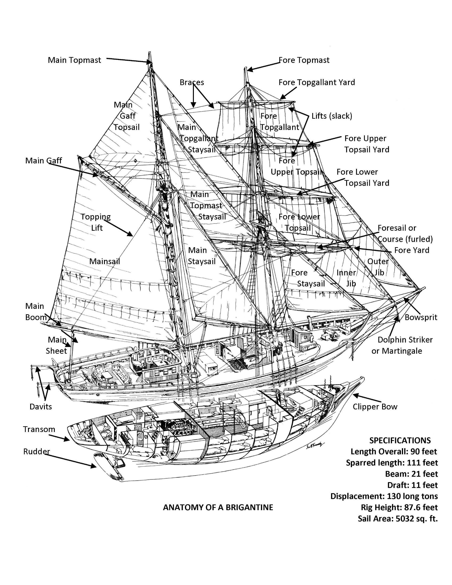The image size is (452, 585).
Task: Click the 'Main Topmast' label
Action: pyautogui.click(x=74, y=60)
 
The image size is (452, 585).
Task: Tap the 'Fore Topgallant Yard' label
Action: pyautogui.click(x=316, y=82)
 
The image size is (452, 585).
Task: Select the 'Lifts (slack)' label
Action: pyautogui.click(x=332, y=116)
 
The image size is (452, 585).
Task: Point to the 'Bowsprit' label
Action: pyautogui.click(x=421, y=317)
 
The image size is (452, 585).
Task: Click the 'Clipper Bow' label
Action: pyautogui.click(x=375, y=407)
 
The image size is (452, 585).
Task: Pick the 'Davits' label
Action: pyautogui.click(x=41, y=407)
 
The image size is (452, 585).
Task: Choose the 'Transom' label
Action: pyautogui.click(x=39, y=429)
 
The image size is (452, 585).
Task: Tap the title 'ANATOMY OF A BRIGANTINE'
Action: pyautogui.click(x=218, y=507)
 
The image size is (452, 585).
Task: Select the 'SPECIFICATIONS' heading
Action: pyautogui.click(x=400, y=440)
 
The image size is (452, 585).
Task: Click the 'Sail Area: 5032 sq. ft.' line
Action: pyautogui.click(x=398, y=519)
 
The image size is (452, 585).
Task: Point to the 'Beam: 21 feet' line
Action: pyautogui.click(x=411, y=474)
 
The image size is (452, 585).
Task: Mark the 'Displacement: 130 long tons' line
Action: pyautogui.click(x=384, y=496)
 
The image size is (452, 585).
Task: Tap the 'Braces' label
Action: pyautogui.click(x=192, y=82)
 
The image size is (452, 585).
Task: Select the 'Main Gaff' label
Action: pyautogui.click(x=43, y=161)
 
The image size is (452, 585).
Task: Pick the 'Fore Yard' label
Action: pyautogui.click(x=412, y=250)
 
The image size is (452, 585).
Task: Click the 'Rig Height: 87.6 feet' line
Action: pyautogui.click(x=399, y=507)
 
